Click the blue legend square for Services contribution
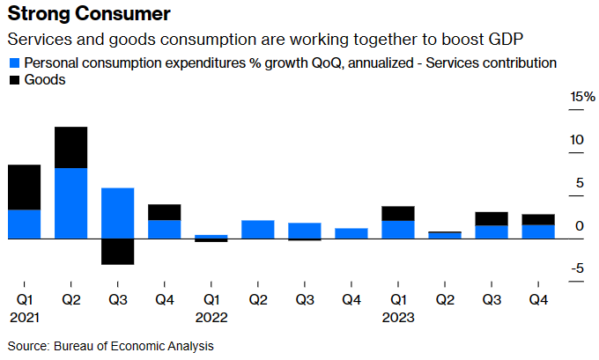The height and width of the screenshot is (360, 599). click(14, 63)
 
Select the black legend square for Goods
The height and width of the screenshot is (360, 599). click(14, 80)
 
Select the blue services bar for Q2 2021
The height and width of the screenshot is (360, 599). click(70, 202)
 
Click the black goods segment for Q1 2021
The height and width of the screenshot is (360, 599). click(25, 187)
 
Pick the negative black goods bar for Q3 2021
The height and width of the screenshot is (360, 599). click(117, 251)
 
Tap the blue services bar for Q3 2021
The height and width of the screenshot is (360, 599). click(117, 212)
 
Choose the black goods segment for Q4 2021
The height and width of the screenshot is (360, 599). click(164, 211)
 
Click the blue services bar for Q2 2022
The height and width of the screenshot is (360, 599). click(257, 229)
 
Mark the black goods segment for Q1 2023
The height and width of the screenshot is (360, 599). click(397, 213)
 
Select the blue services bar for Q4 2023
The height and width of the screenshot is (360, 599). click(537, 231)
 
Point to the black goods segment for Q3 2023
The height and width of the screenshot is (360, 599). click(491, 218)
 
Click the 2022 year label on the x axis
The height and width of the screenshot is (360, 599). click(211, 317)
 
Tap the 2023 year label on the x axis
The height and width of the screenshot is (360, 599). click(398, 317)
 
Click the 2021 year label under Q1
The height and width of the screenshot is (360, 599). click(24, 317)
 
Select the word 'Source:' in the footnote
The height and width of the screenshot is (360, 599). click(29, 346)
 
